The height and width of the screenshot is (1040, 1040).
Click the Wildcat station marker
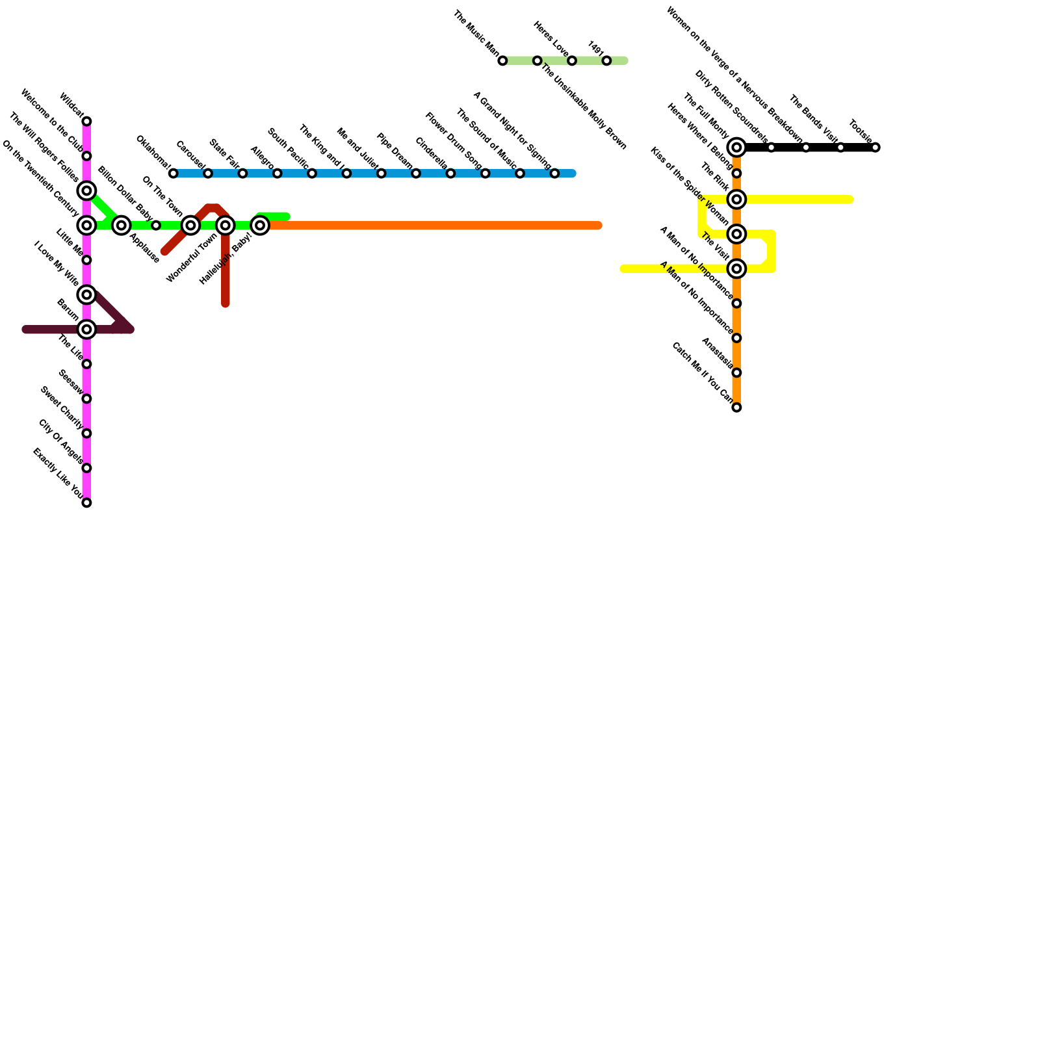click(x=86, y=122)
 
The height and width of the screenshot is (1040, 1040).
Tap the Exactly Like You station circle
click(x=86, y=502)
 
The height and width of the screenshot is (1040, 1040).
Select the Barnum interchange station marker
click(x=86, y=330)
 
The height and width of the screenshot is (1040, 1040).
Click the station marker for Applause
click(x=121, y=226)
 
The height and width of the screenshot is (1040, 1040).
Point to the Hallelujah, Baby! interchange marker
click(x=260, y=226)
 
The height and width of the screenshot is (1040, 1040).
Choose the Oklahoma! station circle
click(x=173, y=174)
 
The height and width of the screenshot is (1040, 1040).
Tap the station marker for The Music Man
click(x=502, y=60)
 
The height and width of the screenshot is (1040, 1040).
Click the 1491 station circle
click(x=606, y=60)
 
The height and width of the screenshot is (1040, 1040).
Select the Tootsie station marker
click(x=876, y=148)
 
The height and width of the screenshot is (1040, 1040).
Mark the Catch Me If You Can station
click(x=736, y=408)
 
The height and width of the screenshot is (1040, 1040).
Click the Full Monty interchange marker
click(x=736, y=148)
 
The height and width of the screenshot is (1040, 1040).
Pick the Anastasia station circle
click(x=736, y=372)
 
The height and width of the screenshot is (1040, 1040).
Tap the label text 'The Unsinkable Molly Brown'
click(x=583, y=107)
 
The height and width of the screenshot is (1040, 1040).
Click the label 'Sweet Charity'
click(x=61, y=408)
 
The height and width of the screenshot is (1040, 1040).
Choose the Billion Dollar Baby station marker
click(x=156, y=226)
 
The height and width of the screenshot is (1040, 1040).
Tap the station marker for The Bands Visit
click(x=840, y=148)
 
